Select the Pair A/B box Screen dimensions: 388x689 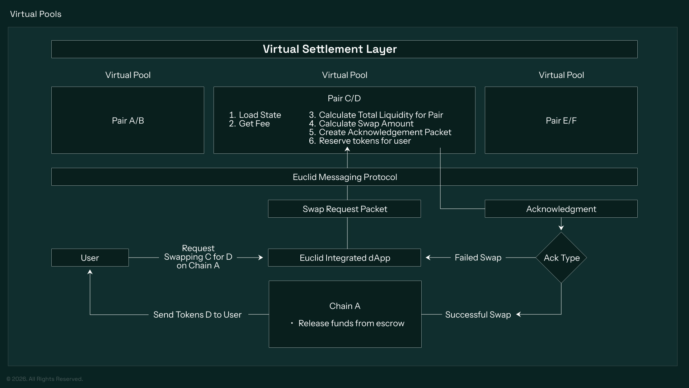pyautogui.click(x=128, y=120)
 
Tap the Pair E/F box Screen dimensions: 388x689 pyautogui.click(x=561, y=120)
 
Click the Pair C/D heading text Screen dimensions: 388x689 pyautogui.click(x=344, y=98)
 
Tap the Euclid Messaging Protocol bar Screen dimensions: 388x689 pyautogui.click(x=344, y=177)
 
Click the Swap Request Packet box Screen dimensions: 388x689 pyautogui.click(x=344, y=209)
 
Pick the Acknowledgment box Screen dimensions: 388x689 pyautogui.click(x=561, y=209)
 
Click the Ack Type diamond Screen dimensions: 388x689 pyautogui.click(x=561, y=258)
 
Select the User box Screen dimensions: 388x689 pyautogui.click(x=90, y=258)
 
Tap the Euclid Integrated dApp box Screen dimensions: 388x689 pyautogui.click(x=344, y=258)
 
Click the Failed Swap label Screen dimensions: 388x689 pyautogui.click(x=478, y=258)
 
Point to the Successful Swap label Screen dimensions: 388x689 pyautogui.click(x=478, y=315)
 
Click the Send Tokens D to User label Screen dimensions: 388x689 pyautogui.click(x=197, y=315)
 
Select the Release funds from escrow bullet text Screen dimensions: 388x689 pyautogui.click(x=351, y=323)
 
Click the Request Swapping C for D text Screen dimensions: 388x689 pyautogui.click(x=198, y=257)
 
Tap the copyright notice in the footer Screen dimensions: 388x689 pyautogui.click(x=45, y=379)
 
